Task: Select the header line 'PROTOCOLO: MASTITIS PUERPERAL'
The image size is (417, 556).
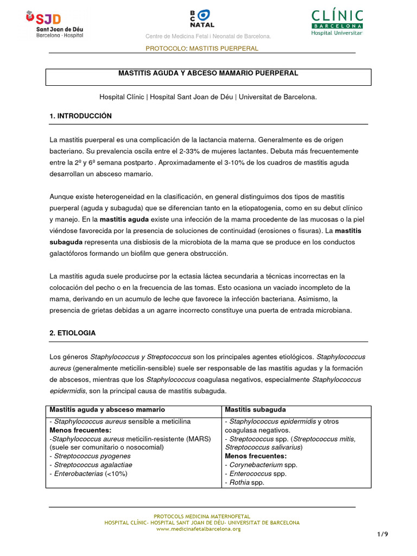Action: coord(202,48)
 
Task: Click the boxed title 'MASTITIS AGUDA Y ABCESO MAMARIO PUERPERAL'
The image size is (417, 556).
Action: coord(208,73)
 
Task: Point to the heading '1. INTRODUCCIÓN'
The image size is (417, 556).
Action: coord(80,116)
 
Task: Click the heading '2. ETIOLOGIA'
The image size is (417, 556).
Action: coord(73,333)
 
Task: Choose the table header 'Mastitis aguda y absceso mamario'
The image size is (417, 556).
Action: coord(107,409)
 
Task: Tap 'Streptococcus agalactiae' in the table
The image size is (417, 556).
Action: coord(91,465)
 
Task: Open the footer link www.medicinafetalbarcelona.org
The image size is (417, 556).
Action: coord(202,529)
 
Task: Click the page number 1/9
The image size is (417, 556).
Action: coord(383,534)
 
